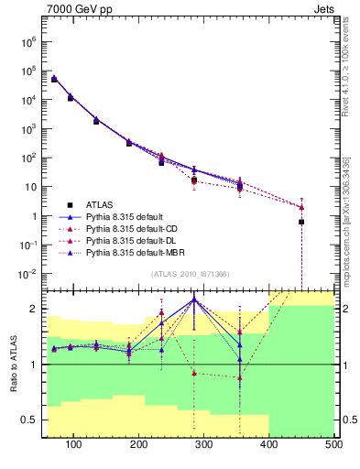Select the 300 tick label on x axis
click(204, 444)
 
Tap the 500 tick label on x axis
click(333, 444)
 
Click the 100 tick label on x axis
click(74, 444)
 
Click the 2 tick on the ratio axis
click(33, 309)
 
